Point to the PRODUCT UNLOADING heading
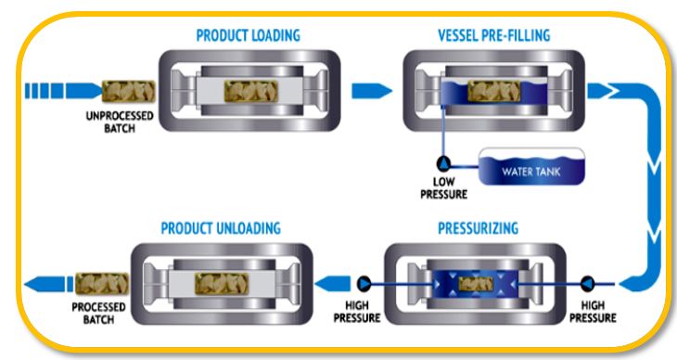(222, 227)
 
